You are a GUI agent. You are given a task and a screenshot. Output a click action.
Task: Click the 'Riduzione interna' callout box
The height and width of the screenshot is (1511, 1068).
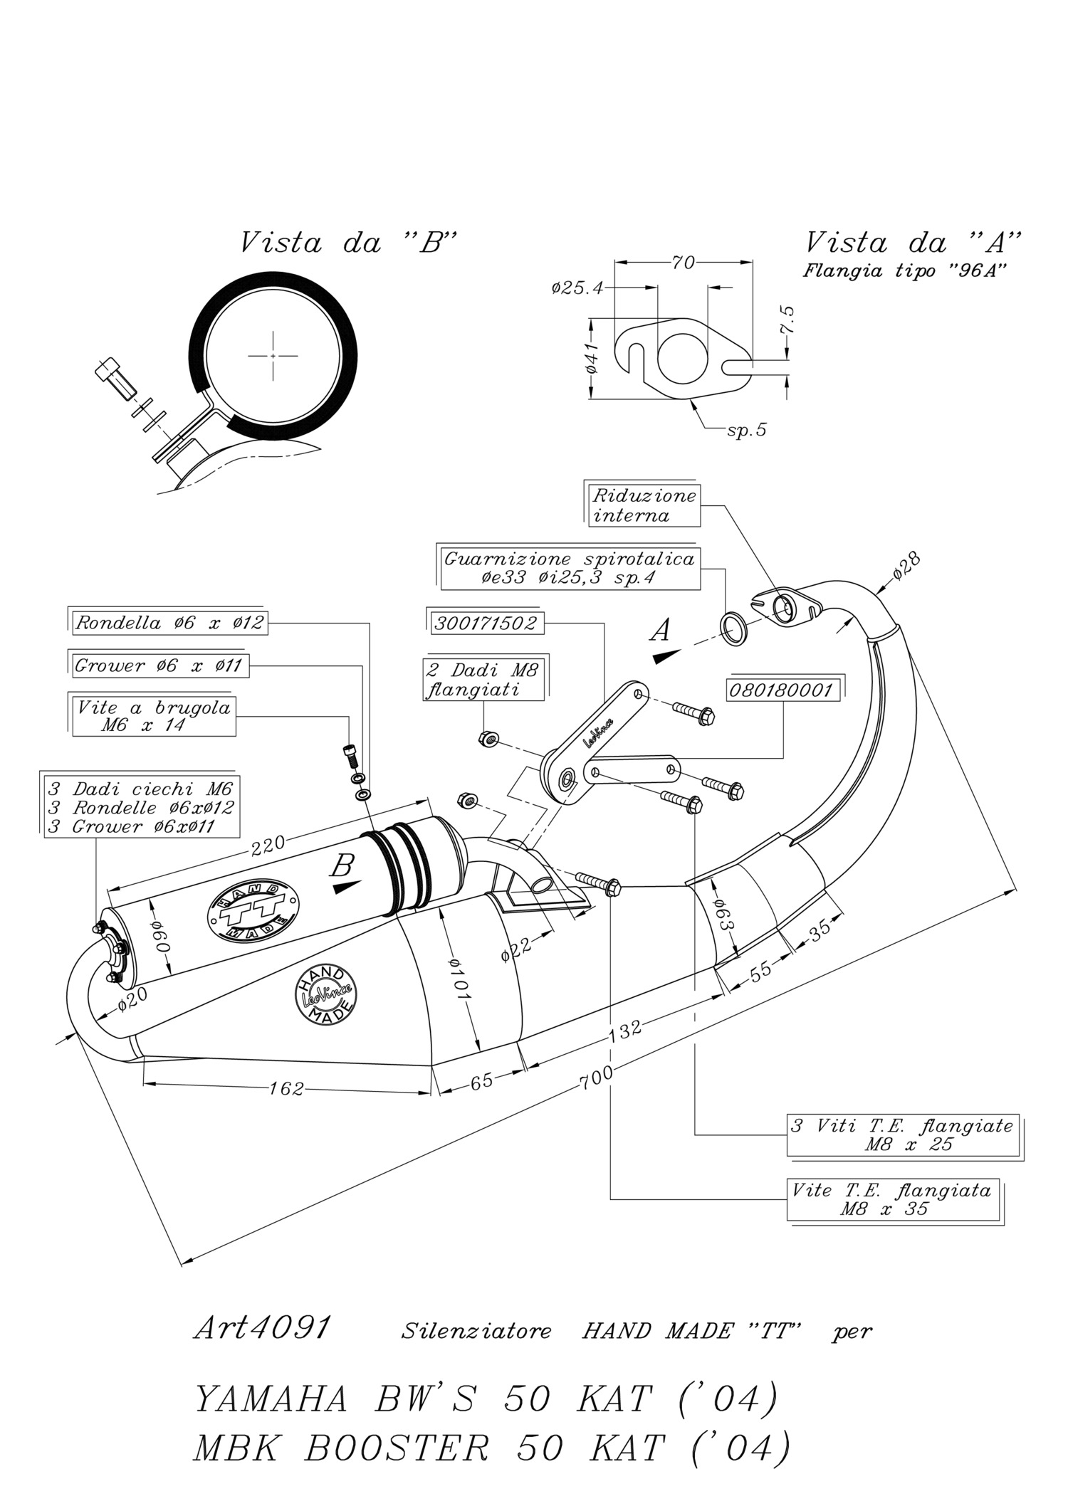coord(644,505)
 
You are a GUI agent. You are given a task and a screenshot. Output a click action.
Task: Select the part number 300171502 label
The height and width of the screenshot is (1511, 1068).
coord(486,623)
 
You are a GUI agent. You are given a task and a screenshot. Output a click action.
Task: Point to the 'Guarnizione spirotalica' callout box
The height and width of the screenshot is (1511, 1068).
coord(570,568)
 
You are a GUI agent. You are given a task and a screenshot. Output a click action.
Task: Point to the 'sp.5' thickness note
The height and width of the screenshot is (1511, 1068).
coord(747,430)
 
